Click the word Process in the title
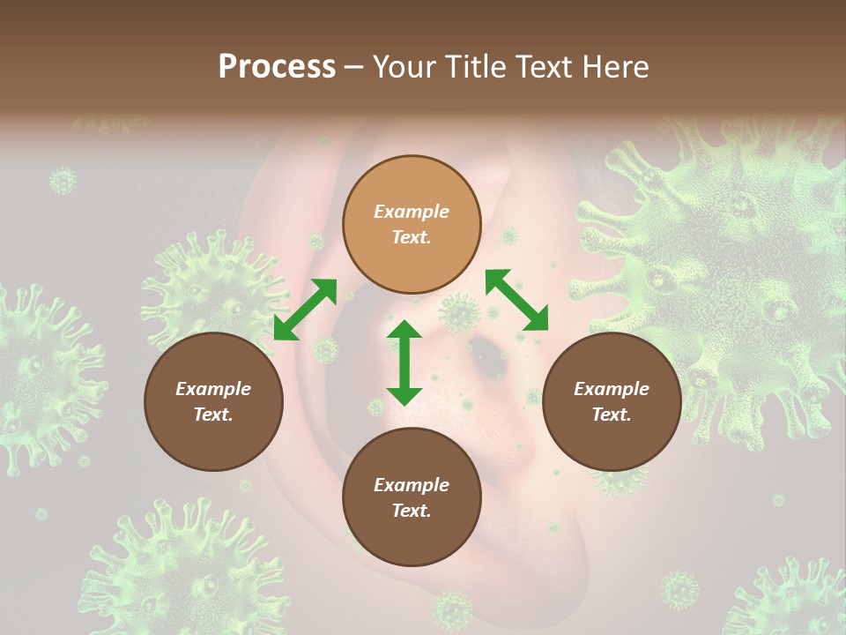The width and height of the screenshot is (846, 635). point(277,67)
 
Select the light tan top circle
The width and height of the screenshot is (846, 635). point(412,224)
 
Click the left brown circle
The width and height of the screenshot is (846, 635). point(213,401)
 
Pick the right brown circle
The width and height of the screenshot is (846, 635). point(612,401)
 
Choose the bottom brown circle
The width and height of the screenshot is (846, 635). point(412,497)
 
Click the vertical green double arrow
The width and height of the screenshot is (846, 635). point(404,362)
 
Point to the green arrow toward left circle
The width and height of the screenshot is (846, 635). point(305,309)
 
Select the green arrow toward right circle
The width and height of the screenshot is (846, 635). point(516,300)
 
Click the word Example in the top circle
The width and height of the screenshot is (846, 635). point(412,212)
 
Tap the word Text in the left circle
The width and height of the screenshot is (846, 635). point(213,415)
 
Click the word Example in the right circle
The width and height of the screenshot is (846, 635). point(612,389)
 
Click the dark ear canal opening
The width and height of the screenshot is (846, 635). point(486,355)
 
